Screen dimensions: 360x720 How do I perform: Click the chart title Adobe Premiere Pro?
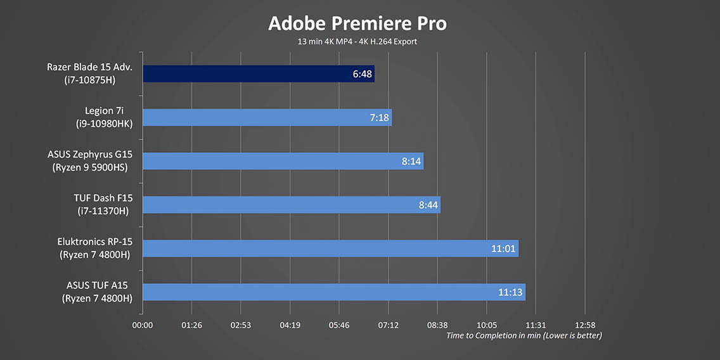pos(357,23)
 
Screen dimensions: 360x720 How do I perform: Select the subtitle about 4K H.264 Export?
pos(357,42)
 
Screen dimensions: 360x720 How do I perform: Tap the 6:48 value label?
pos(363,74)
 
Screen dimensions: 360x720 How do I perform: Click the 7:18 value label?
pos(380,117)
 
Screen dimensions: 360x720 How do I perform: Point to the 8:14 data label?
pos(411,161)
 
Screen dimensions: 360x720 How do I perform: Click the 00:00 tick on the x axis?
pos(143,325)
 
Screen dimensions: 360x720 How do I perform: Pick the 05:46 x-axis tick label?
pos(339,325)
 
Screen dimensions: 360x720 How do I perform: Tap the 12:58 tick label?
pos(585,325)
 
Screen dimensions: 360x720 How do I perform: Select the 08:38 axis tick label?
pos(437,325)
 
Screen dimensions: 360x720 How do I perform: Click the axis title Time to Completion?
pos(524,335)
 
